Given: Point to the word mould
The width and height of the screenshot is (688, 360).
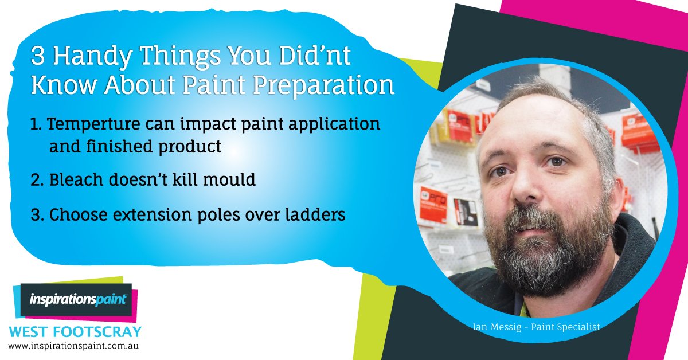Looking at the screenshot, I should pyautogui.click(x=229, y=180).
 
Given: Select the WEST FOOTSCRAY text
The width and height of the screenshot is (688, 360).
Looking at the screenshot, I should pyautogui.click(x=75, y=332).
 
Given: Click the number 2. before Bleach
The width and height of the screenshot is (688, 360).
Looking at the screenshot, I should pyautogui.click(x=38, y=180).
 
